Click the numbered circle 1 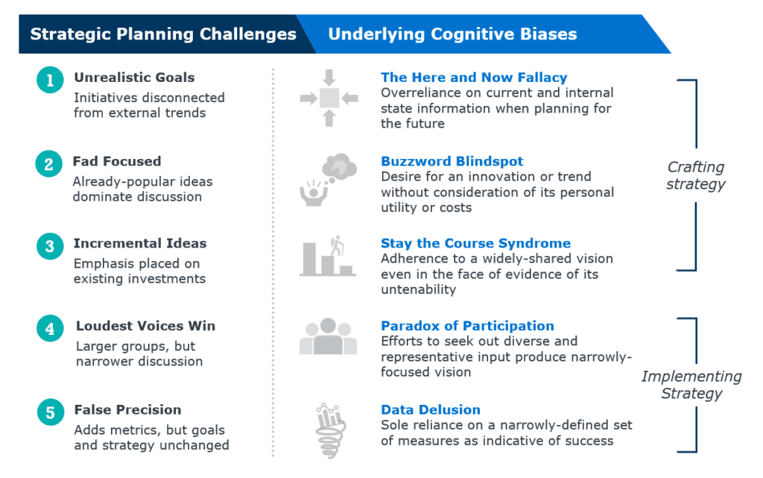[50, 80]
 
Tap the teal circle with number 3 [50, 246]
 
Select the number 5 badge [51, 412]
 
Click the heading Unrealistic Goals [134, 78]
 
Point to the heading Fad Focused [117, 161]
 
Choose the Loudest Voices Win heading [145, 326]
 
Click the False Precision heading [127, 410]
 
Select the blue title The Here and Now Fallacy [474, 78]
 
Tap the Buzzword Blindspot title [452, 161]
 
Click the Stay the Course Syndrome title [476, 243]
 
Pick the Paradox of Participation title [468, 326]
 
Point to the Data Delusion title [431, 410]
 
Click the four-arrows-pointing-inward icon [329, 98]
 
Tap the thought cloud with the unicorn [340, 166]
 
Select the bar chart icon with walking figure [328, 256]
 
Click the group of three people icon [328, 336]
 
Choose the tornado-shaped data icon [330, 431]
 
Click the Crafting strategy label [695, 175]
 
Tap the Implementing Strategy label [691, 385]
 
